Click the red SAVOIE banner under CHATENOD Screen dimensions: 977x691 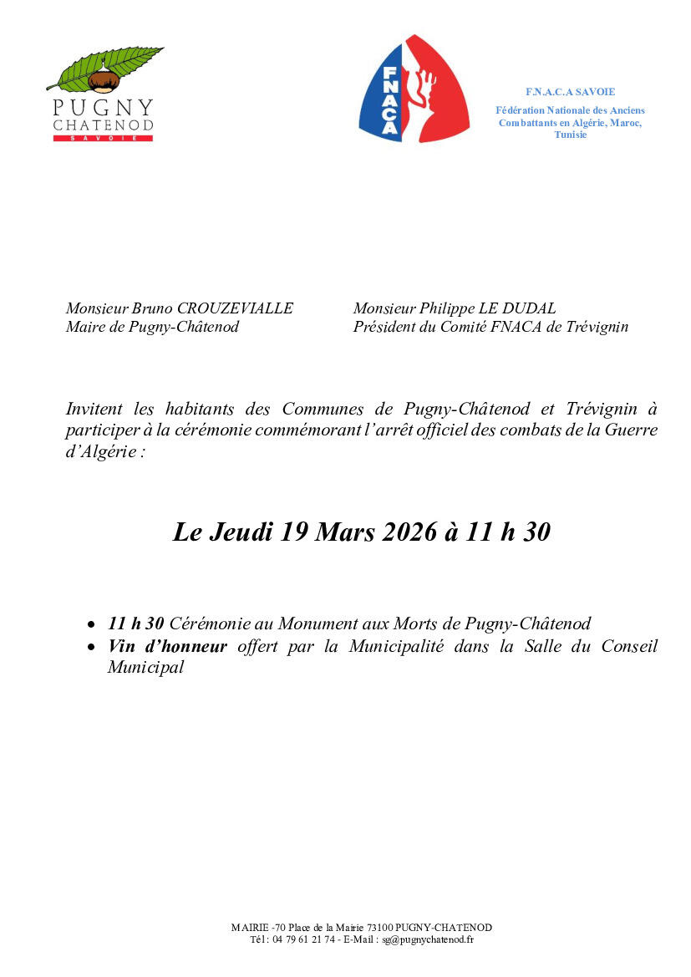(x=103, y=138)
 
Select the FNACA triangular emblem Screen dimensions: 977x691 (x=414, y=89)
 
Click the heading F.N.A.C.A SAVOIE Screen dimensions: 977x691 (x=570, y=92)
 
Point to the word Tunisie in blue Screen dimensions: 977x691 (x=570, y=135)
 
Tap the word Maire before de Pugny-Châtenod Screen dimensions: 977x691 (x=85, y=327)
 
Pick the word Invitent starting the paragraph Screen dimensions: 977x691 (x=94, y=410)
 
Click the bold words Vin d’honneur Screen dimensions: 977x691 (x=167, y=646)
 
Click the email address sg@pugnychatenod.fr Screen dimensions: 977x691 (x=428, y=939)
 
